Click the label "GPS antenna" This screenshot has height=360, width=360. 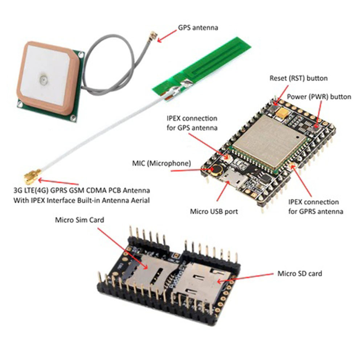(x=198, y=28)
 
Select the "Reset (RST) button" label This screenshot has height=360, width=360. (x=298, y=78)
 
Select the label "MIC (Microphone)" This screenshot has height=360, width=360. (x=161, y=164)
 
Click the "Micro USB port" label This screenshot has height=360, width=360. (x=214, y=211)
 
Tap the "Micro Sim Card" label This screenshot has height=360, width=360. (x=79, y=220)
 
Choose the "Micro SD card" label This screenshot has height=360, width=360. (x=299, y=273)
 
